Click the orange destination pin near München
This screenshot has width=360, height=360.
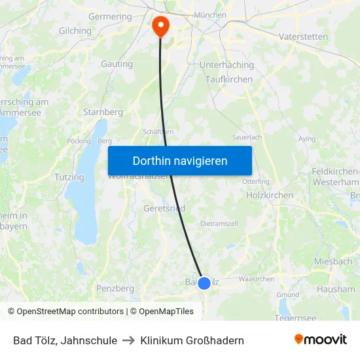pyautogui.click(x=160, y=26)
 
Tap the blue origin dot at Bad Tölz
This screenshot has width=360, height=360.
pyautogui.click(x=204, y=283)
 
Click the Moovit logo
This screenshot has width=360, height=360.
pyautogui.click(x=320, y=340)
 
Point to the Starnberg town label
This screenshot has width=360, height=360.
pyautogui.click(x=103, y=112)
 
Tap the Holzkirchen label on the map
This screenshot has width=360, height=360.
pyautogui.click(x=268, y=195)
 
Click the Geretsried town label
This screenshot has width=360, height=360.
pyautogui.click(x=164, y=208)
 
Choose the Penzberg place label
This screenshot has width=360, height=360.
pyautogui.click(x=115, y=288)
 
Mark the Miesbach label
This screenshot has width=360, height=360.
pyautogui.click(x=333, y=261)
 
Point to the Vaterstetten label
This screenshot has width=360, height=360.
pyautogui.click(x=303, y=37)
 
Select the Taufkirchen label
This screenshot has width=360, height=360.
pyautogui.click(x=228, y=79)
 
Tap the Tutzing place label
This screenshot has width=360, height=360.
pyautogui.click(x=69, y=177)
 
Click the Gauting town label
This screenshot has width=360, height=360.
pyautogui.click(x=117, y=64)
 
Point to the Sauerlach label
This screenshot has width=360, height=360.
pyautogui.click(x=247, y=137)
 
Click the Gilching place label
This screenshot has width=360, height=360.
pyautogui.click(x=75, y=31)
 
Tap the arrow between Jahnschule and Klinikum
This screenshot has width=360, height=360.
pyautogui.click(x=129, y=340)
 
